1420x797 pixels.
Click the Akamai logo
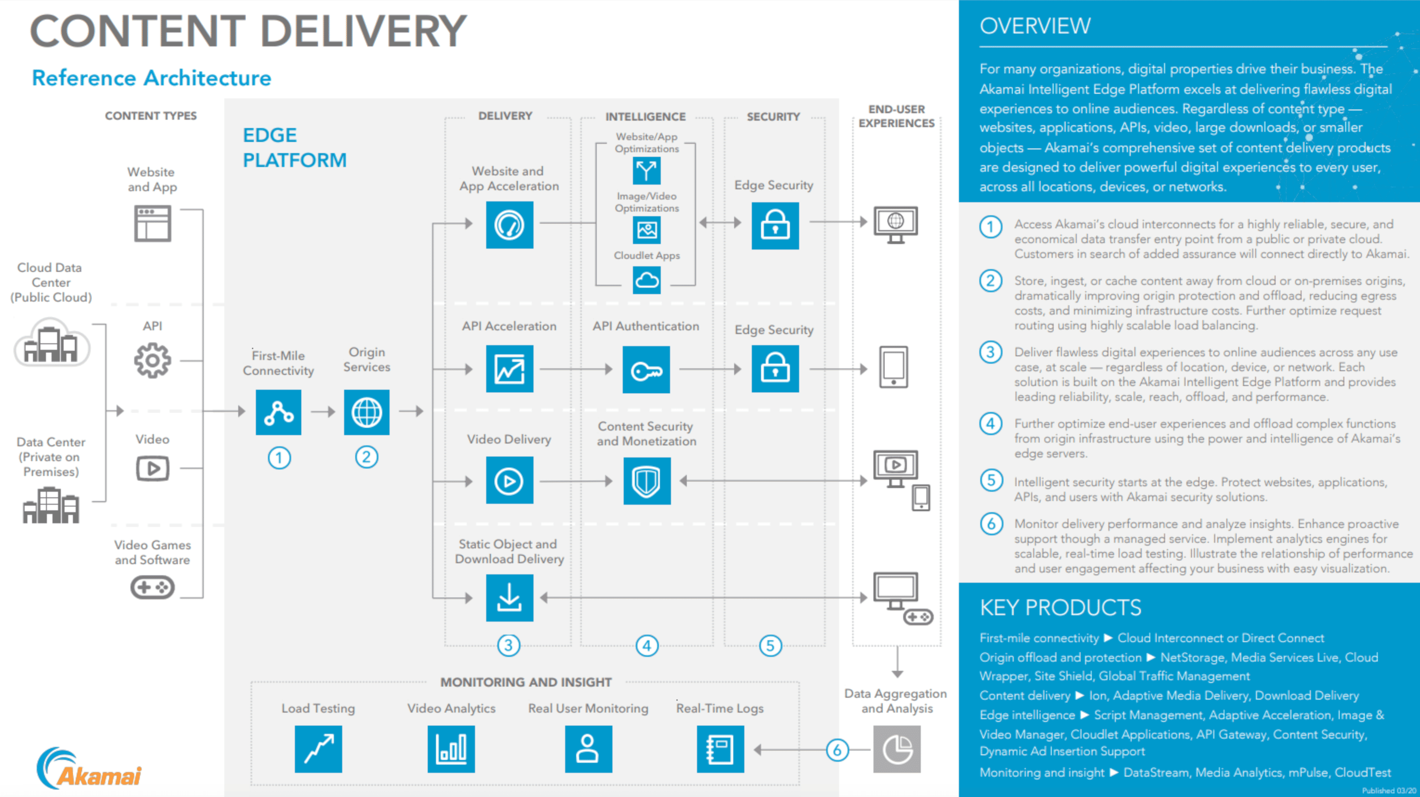coord(89,768)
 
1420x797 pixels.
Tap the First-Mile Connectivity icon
coord(278,412)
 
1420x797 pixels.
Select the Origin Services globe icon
coord(366,412)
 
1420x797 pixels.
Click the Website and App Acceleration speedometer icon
coord(509,225)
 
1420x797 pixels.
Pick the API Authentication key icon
coord(646,370)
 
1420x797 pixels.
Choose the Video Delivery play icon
coord(509,480)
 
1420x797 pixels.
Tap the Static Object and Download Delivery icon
coord(509,598)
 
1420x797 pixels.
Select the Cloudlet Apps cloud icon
coord(646,280)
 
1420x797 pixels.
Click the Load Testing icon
coord(319,749)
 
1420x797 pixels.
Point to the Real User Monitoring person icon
coord(588,749)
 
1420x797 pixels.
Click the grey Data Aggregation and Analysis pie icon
coord(897,749)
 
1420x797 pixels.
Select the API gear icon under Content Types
coord(153,360)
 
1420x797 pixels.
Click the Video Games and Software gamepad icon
coord(153,587)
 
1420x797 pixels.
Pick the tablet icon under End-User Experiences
coord(893,367)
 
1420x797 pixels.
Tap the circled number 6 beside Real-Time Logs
coord(837,750)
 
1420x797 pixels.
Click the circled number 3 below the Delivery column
coord(508,645)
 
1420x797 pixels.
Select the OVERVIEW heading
coord(1035,26)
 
